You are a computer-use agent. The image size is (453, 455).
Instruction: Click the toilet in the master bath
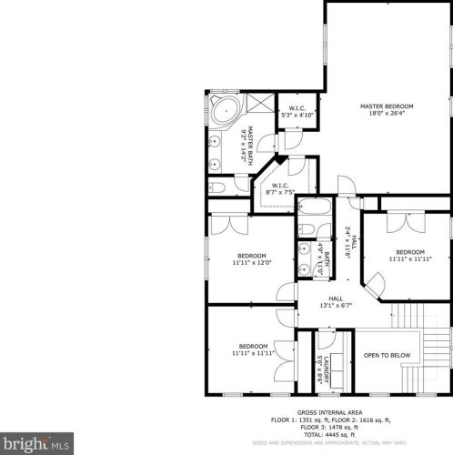click(217, 187)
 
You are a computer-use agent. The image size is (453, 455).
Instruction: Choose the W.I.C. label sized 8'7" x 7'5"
click(280, 187)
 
